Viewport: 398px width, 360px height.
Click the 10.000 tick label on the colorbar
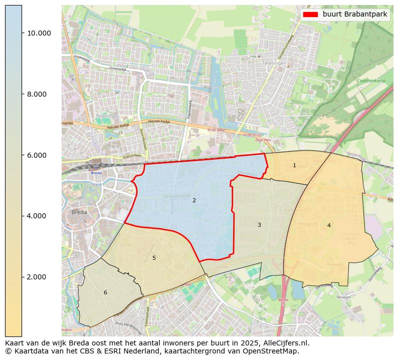[39, 34]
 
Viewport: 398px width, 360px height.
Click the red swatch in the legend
[310, 15]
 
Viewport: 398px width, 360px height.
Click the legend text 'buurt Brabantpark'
[354, 15]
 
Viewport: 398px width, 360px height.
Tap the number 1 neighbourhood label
[294, 166]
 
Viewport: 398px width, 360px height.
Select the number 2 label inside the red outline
[194, 201]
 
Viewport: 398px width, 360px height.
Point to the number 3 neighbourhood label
[259, 225]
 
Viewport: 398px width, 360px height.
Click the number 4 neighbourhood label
[329, 226]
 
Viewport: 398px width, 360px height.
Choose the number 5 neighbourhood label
[154, 258]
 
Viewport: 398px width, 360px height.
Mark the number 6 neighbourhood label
[105, 293]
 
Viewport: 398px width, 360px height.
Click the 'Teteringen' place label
[274, 64]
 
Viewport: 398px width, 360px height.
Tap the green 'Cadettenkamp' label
[371, 81]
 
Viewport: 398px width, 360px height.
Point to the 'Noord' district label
[104, 116]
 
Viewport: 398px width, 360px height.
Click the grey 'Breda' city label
[79, 212]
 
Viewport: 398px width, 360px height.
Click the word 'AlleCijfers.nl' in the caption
[286, 343]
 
